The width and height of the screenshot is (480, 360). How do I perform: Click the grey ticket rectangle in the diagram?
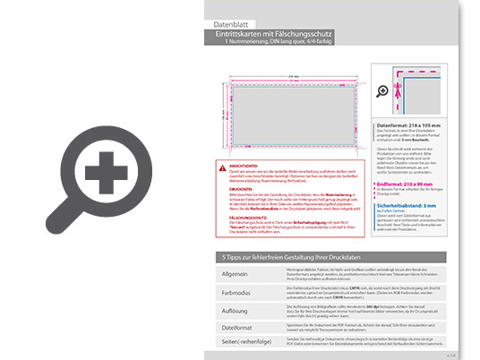(x=282, y=116)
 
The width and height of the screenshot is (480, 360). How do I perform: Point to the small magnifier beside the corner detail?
(x=383, y=91)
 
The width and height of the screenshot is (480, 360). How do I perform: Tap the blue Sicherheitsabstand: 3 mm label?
(x=413, y=205)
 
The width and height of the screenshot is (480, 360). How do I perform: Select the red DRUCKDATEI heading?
(x=240, y=190)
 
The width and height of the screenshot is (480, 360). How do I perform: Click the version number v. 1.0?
(x=450, y=355)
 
